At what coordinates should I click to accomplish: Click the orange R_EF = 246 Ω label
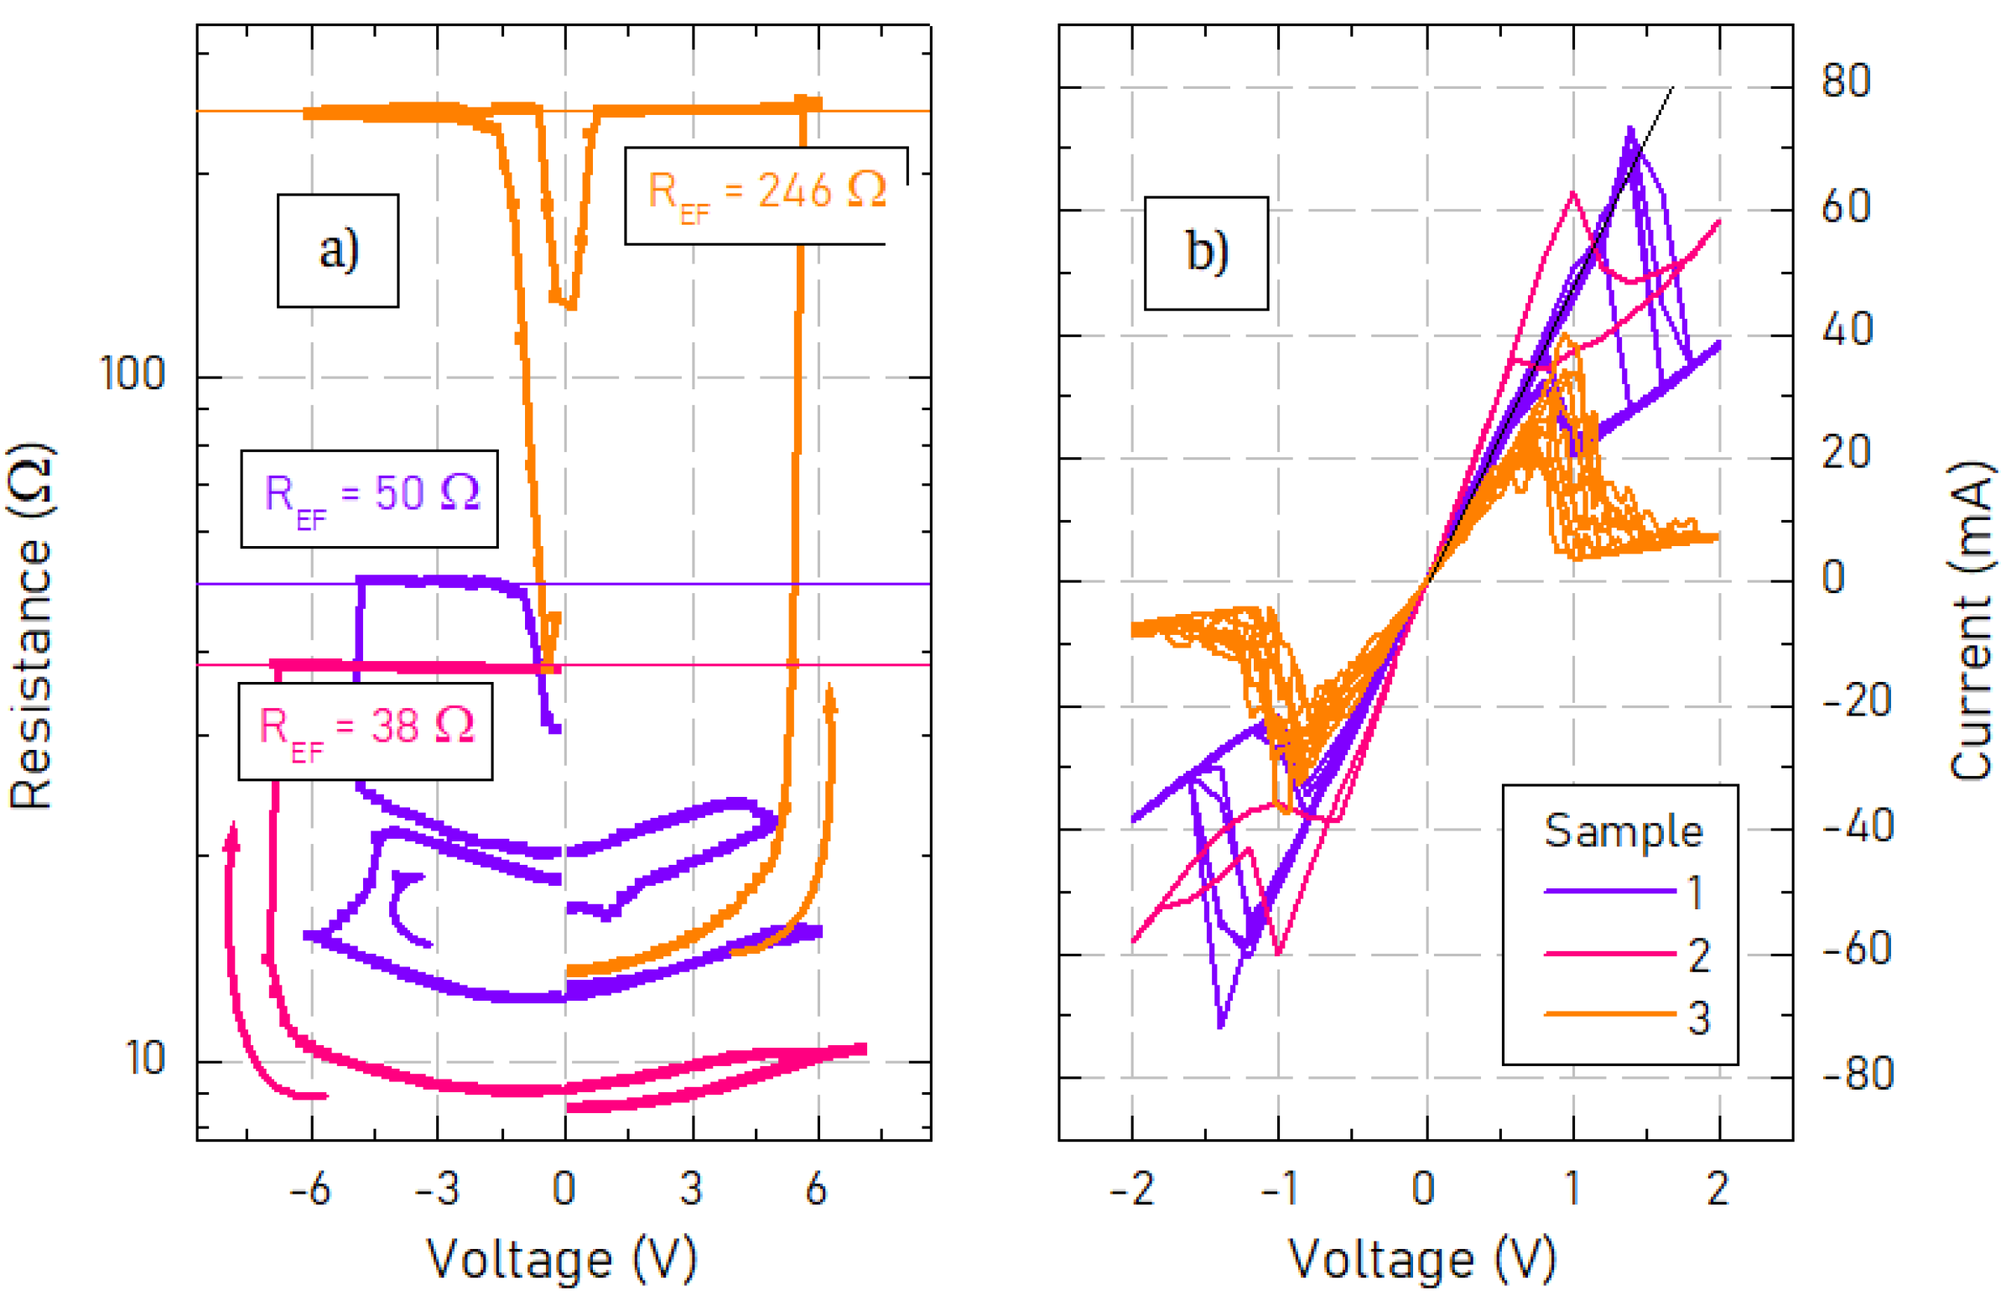pos(767,195)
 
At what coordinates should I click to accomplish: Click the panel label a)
pos(338,250)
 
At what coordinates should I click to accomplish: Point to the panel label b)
pos(1206,252)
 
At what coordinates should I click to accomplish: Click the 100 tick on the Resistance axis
pos(133,372)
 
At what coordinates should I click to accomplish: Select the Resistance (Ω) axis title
pos(32,627)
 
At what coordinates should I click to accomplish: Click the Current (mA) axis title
pos(1972,622)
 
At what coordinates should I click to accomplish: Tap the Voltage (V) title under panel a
pos(562,1258)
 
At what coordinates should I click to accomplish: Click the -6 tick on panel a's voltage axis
pos(310,1189)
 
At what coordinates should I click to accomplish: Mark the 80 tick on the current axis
pos(1845,81)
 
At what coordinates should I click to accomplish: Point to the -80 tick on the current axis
pos(1857,1073)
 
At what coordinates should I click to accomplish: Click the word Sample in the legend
pos(1624,831)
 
